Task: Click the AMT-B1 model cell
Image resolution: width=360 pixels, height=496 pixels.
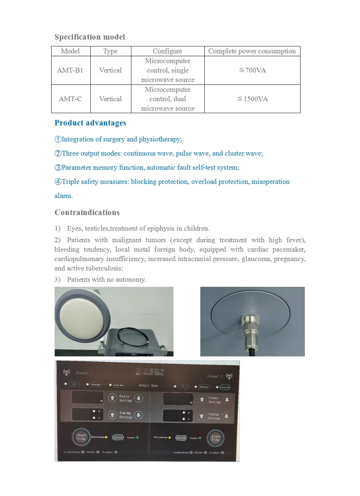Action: point(70,70)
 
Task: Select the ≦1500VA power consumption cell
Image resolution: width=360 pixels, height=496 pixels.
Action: point(252,99)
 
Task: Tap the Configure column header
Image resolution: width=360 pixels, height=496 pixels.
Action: point(167,51)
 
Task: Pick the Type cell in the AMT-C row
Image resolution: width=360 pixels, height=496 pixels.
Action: point(110,99)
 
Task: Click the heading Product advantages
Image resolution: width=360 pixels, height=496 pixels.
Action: point(90,123)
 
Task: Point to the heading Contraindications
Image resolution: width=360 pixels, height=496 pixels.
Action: point(87,212)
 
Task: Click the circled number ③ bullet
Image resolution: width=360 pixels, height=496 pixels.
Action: point(58,168)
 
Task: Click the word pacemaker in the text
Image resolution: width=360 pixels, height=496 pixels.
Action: point(289,249)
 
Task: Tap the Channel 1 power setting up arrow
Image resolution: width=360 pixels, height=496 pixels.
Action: point(112,398)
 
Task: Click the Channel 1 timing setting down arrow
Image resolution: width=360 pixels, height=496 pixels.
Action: point(139,415)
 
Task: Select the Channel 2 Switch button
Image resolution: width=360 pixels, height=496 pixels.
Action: point(181,438)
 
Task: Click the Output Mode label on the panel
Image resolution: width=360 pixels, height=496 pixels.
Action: point(148,385)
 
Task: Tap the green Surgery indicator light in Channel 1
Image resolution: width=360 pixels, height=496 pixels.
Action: point(137,438)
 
